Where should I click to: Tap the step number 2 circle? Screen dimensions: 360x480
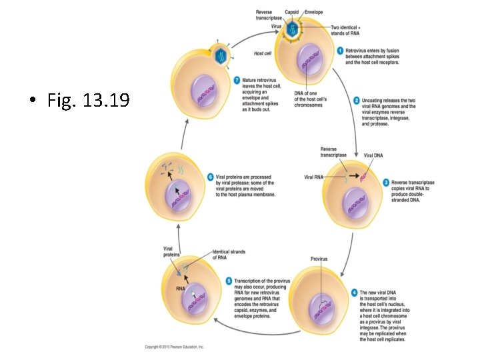point(357,100)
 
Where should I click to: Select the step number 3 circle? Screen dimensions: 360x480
point(386,181)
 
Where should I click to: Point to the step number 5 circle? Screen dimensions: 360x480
point(229,281)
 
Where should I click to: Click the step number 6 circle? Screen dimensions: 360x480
point(211,177)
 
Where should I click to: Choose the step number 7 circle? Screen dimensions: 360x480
point(236,80)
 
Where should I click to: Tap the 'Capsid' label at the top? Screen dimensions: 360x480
point(292,13)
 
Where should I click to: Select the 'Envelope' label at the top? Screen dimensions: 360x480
point(314,13)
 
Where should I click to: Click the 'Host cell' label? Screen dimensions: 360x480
point(263,53)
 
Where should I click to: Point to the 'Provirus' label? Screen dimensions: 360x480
point(319,258)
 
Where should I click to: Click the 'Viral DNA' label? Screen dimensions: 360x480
point(373,155)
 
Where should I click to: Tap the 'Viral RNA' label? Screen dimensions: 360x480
point(313,177)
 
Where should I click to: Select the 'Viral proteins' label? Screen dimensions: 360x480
point(172,251)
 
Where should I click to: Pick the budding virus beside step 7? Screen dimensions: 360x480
point(219,55)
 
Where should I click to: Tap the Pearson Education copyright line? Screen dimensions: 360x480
point(175,347)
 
